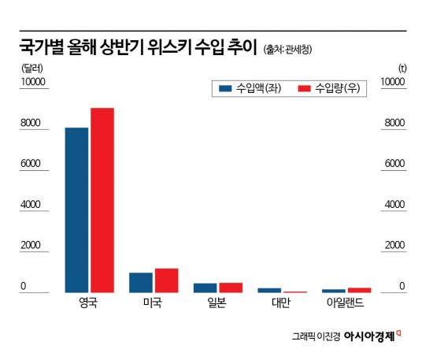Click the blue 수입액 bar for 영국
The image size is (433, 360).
point(76,210)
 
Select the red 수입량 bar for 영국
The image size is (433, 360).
point(102,200)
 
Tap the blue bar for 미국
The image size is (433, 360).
point(141,283)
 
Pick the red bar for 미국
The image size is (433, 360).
point(166,280)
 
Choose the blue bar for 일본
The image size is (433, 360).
point(205,288)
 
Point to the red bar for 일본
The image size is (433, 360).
point(231,288)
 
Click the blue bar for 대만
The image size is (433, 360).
point(269,290)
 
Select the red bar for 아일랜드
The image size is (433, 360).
point(359,290)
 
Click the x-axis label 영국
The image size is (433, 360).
point(89,303)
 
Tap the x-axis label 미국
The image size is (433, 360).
point(154,303)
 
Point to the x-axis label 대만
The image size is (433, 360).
point(282,303)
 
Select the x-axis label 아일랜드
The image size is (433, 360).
point(346,303)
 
